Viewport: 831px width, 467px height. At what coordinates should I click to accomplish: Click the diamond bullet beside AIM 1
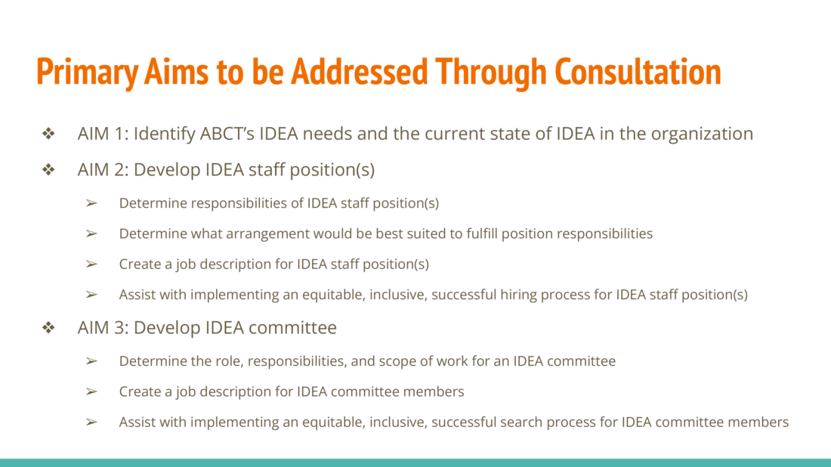[x=49, y=133]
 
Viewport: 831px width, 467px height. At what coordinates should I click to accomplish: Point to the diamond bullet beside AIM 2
[x=49, y=169]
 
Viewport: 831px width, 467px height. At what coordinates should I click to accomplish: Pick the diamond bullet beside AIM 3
[x=49, y=327]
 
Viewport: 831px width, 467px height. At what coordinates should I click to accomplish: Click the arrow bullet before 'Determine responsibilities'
[x=91, y=203]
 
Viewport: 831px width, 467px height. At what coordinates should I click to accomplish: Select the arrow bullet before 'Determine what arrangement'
[x=91, y=233]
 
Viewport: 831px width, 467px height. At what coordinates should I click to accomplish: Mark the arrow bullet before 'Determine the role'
[x=91, y=361]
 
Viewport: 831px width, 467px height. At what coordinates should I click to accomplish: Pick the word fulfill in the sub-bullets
[x=482, y=233]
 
